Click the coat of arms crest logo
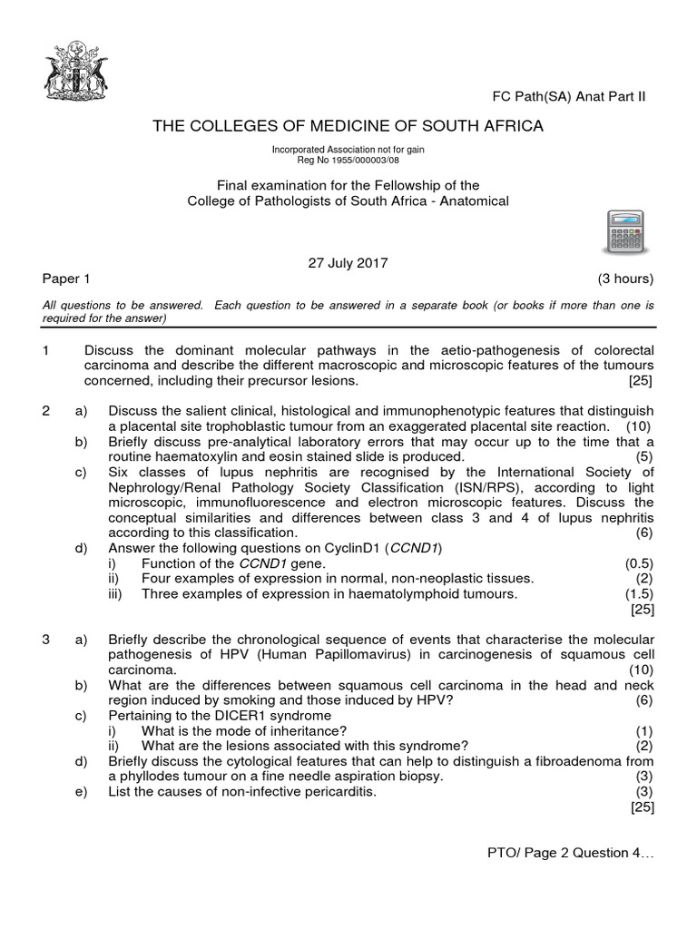point(75,70)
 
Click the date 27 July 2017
point(348,263)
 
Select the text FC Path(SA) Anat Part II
point(568,97)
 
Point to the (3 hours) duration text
point(625,279)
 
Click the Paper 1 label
point(66,279)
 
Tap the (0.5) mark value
point(639,563)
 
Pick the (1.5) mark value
point(639,593)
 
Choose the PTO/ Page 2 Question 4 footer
point(571,853)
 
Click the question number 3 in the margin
point(46,640)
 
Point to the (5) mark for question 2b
point(644,456)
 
